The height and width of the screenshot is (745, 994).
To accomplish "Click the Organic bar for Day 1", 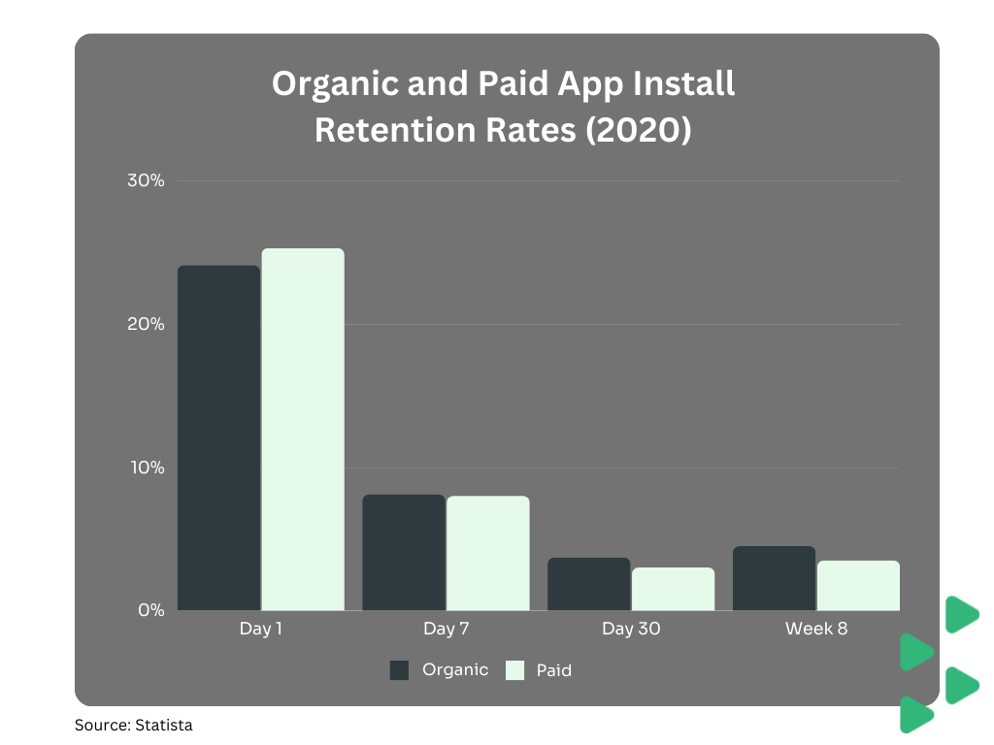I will click(x=218, y=437).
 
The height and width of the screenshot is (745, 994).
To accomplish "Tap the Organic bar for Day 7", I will click(x=404, y=552).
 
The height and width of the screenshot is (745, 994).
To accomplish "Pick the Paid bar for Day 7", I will click(x=487, y=553).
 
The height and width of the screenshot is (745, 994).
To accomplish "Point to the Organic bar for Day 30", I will click(x=588, y=584).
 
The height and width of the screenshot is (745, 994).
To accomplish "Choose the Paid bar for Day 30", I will click(x=673, y=589).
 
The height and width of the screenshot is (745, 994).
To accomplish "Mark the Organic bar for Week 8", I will click(x=774, y=578).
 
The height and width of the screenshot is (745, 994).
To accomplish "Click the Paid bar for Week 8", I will click(x=858, y=585).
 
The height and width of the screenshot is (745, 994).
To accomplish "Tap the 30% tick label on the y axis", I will click(x=146, y=181).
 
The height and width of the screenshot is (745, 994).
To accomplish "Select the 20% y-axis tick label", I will click(x=146, y=324).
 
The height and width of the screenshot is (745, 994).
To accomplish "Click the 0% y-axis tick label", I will click(x=150, y=610).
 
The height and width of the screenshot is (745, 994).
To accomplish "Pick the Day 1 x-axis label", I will click(x=261, y=629).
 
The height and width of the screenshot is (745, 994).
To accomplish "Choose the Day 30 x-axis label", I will click(x=631, y=629).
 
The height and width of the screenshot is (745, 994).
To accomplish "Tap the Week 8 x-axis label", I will click(x=816, y=629).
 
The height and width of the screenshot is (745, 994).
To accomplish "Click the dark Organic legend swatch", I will click(x=399, y=670).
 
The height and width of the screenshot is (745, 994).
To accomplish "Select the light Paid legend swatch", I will click(x=514, y=670).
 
